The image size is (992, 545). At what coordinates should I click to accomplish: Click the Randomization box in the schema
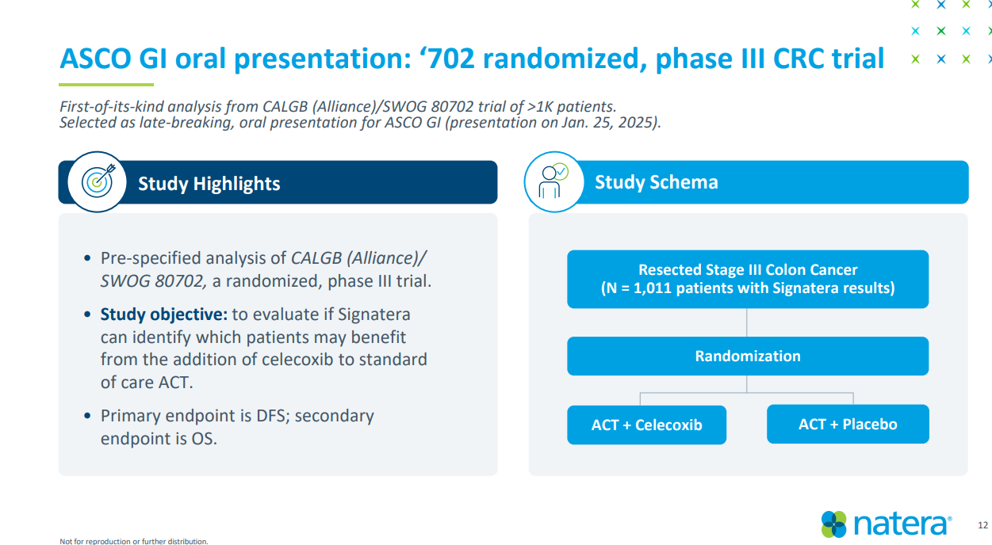pos(748,356)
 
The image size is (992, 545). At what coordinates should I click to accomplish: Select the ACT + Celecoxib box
pos(646,425)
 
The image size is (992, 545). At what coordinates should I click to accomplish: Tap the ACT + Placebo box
pos(848,424)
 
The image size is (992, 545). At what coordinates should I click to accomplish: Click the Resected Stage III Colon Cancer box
pos(748,279)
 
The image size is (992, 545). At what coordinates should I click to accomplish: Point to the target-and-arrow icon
pos(98,182)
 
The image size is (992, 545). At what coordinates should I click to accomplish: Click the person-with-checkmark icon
pos(553,181)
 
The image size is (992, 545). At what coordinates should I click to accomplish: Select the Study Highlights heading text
pos(209,184)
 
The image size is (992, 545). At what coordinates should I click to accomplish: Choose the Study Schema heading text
pos(657,182)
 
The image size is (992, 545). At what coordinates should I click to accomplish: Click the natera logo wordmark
pos(902,524)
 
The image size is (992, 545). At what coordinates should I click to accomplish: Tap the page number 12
pos(982,525)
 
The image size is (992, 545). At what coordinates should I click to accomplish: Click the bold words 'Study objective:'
pos(164,314)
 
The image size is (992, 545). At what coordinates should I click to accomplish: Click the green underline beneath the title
pos(106,85)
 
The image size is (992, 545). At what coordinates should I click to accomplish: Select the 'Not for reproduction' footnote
pos(134,541)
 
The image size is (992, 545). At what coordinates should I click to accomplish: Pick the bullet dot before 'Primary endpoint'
pos(87,415)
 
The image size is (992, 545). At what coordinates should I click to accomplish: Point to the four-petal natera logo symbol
pos(833,524)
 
